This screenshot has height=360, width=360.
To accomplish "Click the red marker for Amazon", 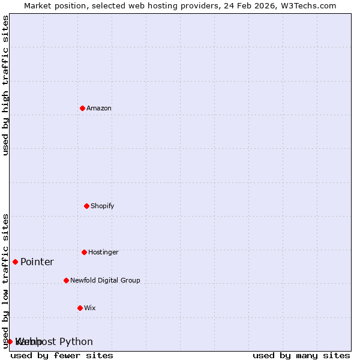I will pyautogui.click(x=82, y=108).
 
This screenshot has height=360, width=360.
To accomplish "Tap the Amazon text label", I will pyautogui.click(x=99, y=109).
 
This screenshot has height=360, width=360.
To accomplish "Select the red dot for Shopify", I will pyautogui.click(x=86, y=206).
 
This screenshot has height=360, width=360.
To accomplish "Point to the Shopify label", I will pyautogui.click(x=103, y=206).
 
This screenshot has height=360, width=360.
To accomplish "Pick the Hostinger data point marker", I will pyautogui.click(x=84, y=252).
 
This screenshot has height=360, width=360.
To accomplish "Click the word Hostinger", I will pyautogui.click(x=103, y=253).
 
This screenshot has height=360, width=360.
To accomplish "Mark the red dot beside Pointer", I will pyautogui.click(x=15, y=262).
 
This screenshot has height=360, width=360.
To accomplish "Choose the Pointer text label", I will pyautogui.click(x=37, y=262).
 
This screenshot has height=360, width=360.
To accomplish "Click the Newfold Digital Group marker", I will pyautogui.click(x=66, y=280).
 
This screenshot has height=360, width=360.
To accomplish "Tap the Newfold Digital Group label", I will pyautogui.click(x=105, y=281).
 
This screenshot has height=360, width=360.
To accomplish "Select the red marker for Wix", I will pyautogui.click(x=80, y=308).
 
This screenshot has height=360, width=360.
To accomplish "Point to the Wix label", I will pyautogui.click(x=90, y=308).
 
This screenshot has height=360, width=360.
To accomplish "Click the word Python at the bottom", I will pyautogui.click(x=76, y=342).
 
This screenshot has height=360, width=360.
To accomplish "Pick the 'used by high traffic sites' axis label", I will pyautogui.click(x=5, y=85).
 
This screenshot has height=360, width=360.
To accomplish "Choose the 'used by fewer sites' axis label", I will pyautogui.click(x=62, y=356).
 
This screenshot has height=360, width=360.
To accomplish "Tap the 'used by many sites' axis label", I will pyautogui.click(x=301, y=356).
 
